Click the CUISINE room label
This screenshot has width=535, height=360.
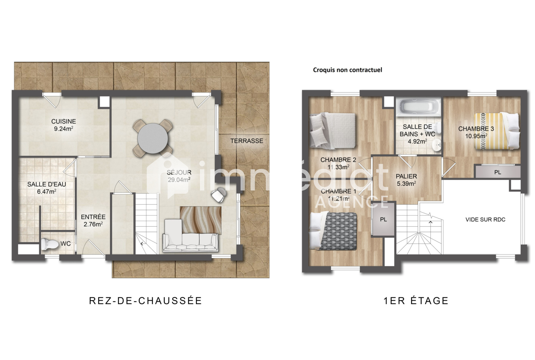coord(64,121)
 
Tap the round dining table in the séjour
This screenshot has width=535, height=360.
coord(152,139)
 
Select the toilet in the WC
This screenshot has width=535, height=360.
coord(50,244)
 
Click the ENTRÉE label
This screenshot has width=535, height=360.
coord(93,217)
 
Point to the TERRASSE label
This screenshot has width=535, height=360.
coord(247,141)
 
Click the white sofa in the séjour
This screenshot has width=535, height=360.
coord(190,236)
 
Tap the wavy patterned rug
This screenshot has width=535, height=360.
coord(201,220)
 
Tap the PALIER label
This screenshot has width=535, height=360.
coord(406,176)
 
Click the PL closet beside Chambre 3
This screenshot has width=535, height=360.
coord(498,172)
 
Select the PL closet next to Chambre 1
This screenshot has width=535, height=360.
coord(383,219)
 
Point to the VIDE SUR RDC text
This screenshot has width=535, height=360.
coord(485,219)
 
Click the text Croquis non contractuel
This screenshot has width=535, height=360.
coord(347,70)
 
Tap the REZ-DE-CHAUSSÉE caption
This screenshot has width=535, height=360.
coord(145,300)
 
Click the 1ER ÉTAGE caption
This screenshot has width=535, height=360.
coord(416,300)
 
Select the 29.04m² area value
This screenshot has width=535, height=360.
coord(179,180)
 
